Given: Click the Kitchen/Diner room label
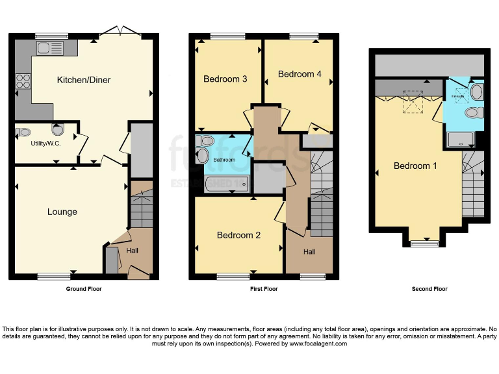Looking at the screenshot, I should point(84,81).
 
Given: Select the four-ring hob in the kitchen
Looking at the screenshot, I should point(24,81).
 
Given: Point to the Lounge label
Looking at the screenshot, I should point(62,212).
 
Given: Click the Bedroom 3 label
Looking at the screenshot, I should point(225,79).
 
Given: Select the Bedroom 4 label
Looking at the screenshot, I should point(300,74).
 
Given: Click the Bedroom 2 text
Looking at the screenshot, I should point(238,235).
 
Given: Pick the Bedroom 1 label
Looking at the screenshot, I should point(415,166).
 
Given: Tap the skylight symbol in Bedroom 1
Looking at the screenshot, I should point(413,102).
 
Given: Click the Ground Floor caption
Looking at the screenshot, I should point(84,289).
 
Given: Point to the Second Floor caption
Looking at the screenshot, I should point(429,289).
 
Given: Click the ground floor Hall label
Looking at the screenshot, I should point(132,250).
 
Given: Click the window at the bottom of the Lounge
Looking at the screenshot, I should point(53,277).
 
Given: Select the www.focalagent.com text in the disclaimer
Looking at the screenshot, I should point(318,343).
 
